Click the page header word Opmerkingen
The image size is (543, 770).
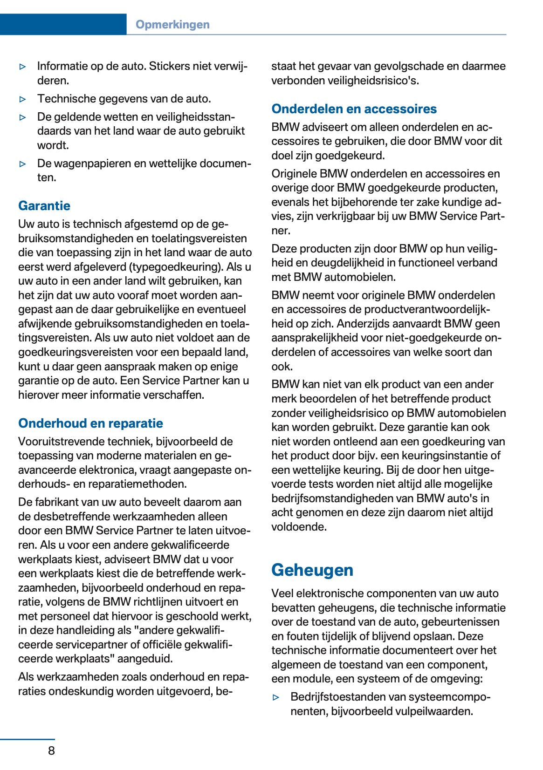point(172,25)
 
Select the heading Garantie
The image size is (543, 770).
point(44,205)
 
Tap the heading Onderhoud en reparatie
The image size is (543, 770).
point(90,423)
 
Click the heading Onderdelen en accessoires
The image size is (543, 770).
point(354,109)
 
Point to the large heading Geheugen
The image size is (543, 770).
point(312,570)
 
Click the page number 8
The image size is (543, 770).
point(51,750)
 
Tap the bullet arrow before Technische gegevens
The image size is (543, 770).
point(23,99)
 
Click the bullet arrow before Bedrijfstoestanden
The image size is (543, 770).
point(276,697)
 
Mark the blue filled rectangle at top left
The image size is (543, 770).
point(63,24)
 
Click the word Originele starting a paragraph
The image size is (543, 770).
point(295,174)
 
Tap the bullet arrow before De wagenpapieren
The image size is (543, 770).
point(23,164)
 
